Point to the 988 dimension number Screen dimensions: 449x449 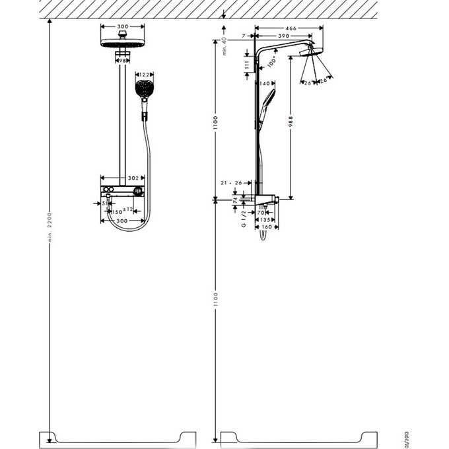pos(289,123)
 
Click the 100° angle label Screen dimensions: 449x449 pos(271,63)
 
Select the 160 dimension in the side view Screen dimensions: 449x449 pos(265,227)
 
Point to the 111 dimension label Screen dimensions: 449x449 pos(246,64)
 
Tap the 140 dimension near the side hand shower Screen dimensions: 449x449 pos(266,84)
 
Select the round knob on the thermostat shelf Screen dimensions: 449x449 pos(137,191)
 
